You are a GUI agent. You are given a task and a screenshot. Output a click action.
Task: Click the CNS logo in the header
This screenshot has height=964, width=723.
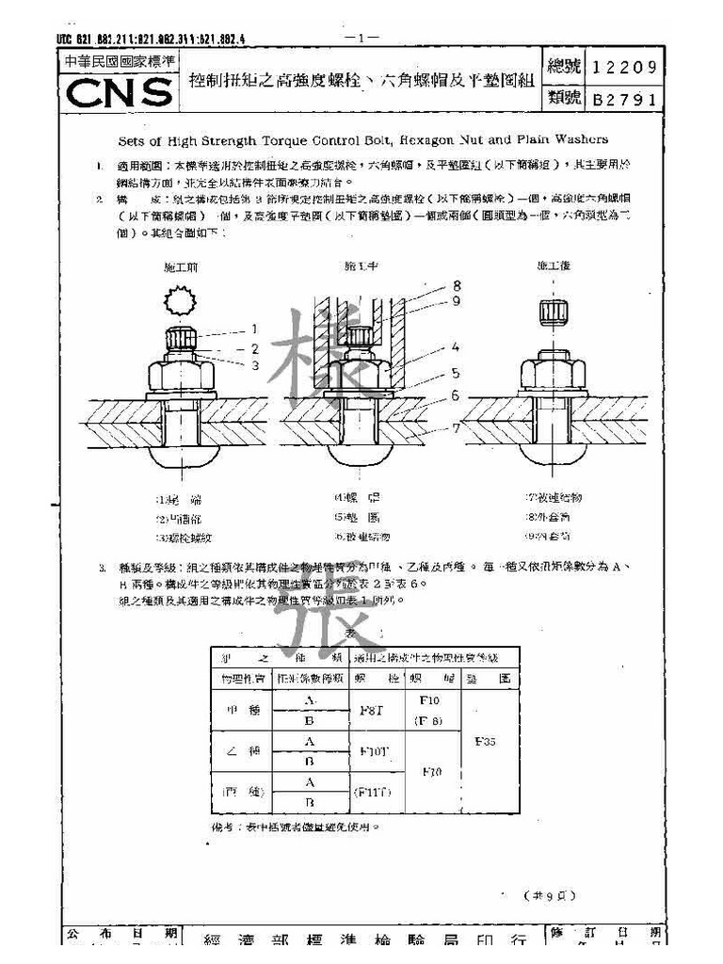coord(120,92)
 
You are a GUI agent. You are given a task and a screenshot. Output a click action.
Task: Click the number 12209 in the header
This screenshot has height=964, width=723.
coord(626,68)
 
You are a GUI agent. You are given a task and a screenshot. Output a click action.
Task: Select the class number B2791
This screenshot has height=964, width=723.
coord(626,98)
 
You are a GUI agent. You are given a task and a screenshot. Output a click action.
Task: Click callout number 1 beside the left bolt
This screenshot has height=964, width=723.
coord(254,329)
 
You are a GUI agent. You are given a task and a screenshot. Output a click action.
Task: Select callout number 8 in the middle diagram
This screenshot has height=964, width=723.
coord(456,285)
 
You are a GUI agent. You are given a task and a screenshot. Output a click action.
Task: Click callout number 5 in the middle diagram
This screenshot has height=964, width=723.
coord(456,372)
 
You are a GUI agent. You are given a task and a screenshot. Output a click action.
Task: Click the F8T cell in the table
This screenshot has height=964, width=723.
coord(372,711)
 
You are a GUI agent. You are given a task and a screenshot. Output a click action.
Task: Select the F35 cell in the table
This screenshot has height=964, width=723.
coord(486,741)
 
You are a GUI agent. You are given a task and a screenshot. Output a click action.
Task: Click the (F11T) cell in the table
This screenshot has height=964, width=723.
coord(372,792)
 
